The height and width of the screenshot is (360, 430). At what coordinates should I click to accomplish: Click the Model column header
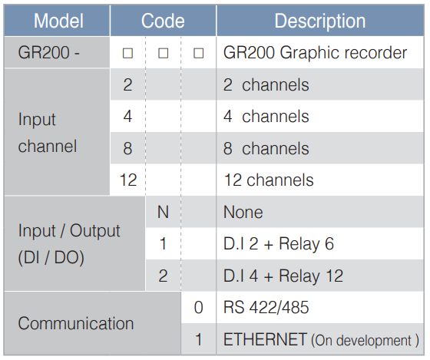point(58,21)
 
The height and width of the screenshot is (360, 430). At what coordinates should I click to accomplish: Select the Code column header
point(163,21)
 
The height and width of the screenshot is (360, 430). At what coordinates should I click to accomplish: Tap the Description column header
point(320,21)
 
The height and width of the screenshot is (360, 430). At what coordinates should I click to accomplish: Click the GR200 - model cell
point(49,52)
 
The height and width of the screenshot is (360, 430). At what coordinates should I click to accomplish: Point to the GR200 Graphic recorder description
point(315,52)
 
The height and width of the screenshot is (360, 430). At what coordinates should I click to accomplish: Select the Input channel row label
point(48,133)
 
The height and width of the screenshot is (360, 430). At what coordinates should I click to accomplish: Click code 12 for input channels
point(128,180)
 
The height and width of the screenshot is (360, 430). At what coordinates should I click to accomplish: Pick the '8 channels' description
point(266,148)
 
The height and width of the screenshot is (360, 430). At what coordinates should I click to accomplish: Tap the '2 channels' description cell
point(266,84)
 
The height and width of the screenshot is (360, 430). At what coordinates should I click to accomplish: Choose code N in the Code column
point(163,212)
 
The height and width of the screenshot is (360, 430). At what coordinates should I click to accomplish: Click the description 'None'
point(243,212)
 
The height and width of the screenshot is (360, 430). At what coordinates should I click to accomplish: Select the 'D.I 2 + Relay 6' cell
point(279,244)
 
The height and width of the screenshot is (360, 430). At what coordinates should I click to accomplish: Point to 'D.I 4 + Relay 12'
point(283,276)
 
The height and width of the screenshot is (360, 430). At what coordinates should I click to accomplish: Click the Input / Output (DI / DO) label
point(69,244)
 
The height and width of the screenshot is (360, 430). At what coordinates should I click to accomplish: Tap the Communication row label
point(76,323)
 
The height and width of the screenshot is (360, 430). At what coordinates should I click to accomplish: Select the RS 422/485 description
point(266,307)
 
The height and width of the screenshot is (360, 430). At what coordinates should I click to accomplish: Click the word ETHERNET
point(265,339)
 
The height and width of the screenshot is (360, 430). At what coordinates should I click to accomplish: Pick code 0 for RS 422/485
point(199,307)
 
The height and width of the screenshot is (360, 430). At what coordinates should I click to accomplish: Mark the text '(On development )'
point(365,340)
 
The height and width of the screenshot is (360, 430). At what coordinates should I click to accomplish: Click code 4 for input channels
point(127,117)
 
